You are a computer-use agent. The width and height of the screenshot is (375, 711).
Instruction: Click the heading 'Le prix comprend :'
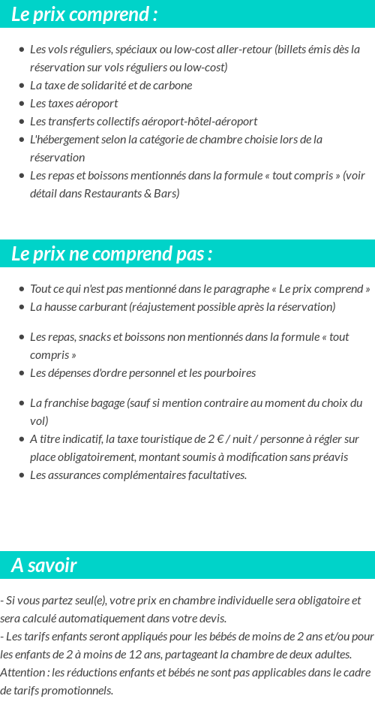84,14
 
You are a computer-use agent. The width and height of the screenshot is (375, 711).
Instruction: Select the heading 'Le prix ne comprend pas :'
112,254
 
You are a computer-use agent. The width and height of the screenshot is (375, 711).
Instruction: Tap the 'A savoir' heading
44,565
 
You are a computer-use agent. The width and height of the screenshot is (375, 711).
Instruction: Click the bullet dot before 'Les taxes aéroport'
21,104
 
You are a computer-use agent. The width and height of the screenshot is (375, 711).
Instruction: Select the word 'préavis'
329,457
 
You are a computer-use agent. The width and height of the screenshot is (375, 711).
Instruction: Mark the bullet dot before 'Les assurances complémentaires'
21,475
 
